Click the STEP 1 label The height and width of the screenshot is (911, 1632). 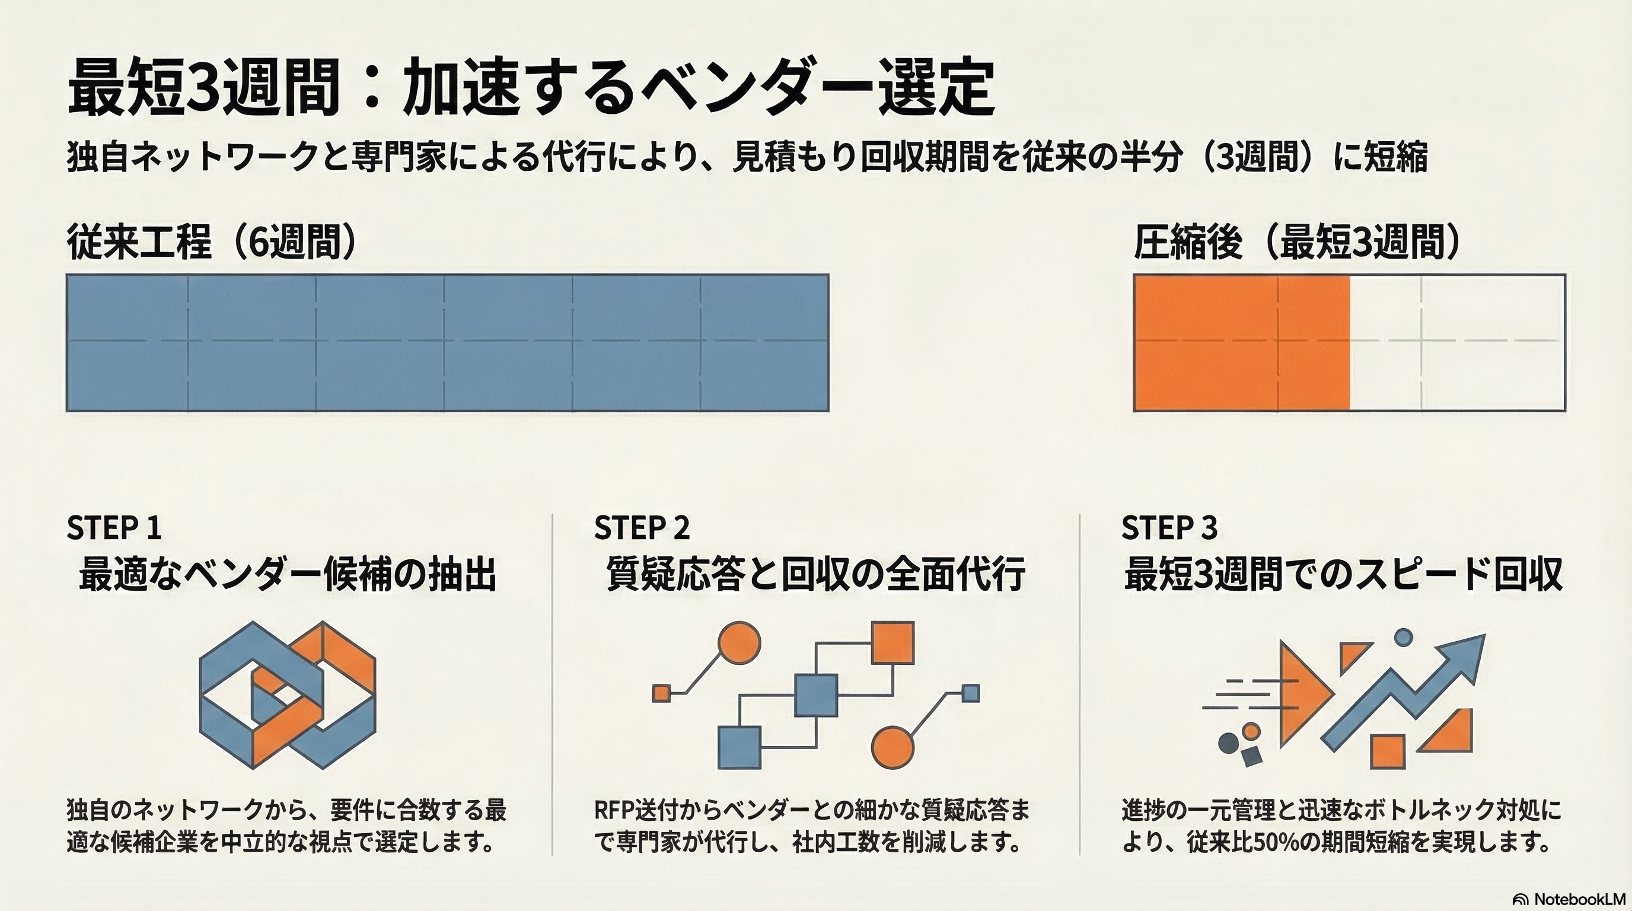(x=114, y=528)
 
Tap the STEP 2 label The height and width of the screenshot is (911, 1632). (x=642, y=528)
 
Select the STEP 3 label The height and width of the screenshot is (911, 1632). (x=1169, y=528)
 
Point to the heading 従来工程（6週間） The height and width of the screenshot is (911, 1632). (x=212, y=243)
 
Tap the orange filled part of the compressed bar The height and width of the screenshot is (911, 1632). (x=1241, y=343)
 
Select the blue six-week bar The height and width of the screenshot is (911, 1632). (x=447, y=343)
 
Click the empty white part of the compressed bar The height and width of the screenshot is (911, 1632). (x=1457, y=343)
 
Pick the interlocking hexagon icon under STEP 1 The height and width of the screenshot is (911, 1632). (x=287, y=695)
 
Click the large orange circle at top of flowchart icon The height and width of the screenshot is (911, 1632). (x=740, y=642)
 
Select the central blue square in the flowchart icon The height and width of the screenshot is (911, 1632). (x=815, y=695)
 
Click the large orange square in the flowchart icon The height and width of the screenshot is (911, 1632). (x=893, y=642)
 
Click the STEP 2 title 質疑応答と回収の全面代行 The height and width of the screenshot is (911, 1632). (x=815, y=575)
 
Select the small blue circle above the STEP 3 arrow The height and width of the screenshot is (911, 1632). (x=1403, y=636)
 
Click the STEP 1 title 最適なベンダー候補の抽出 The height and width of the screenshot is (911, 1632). (x=288, y=575)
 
